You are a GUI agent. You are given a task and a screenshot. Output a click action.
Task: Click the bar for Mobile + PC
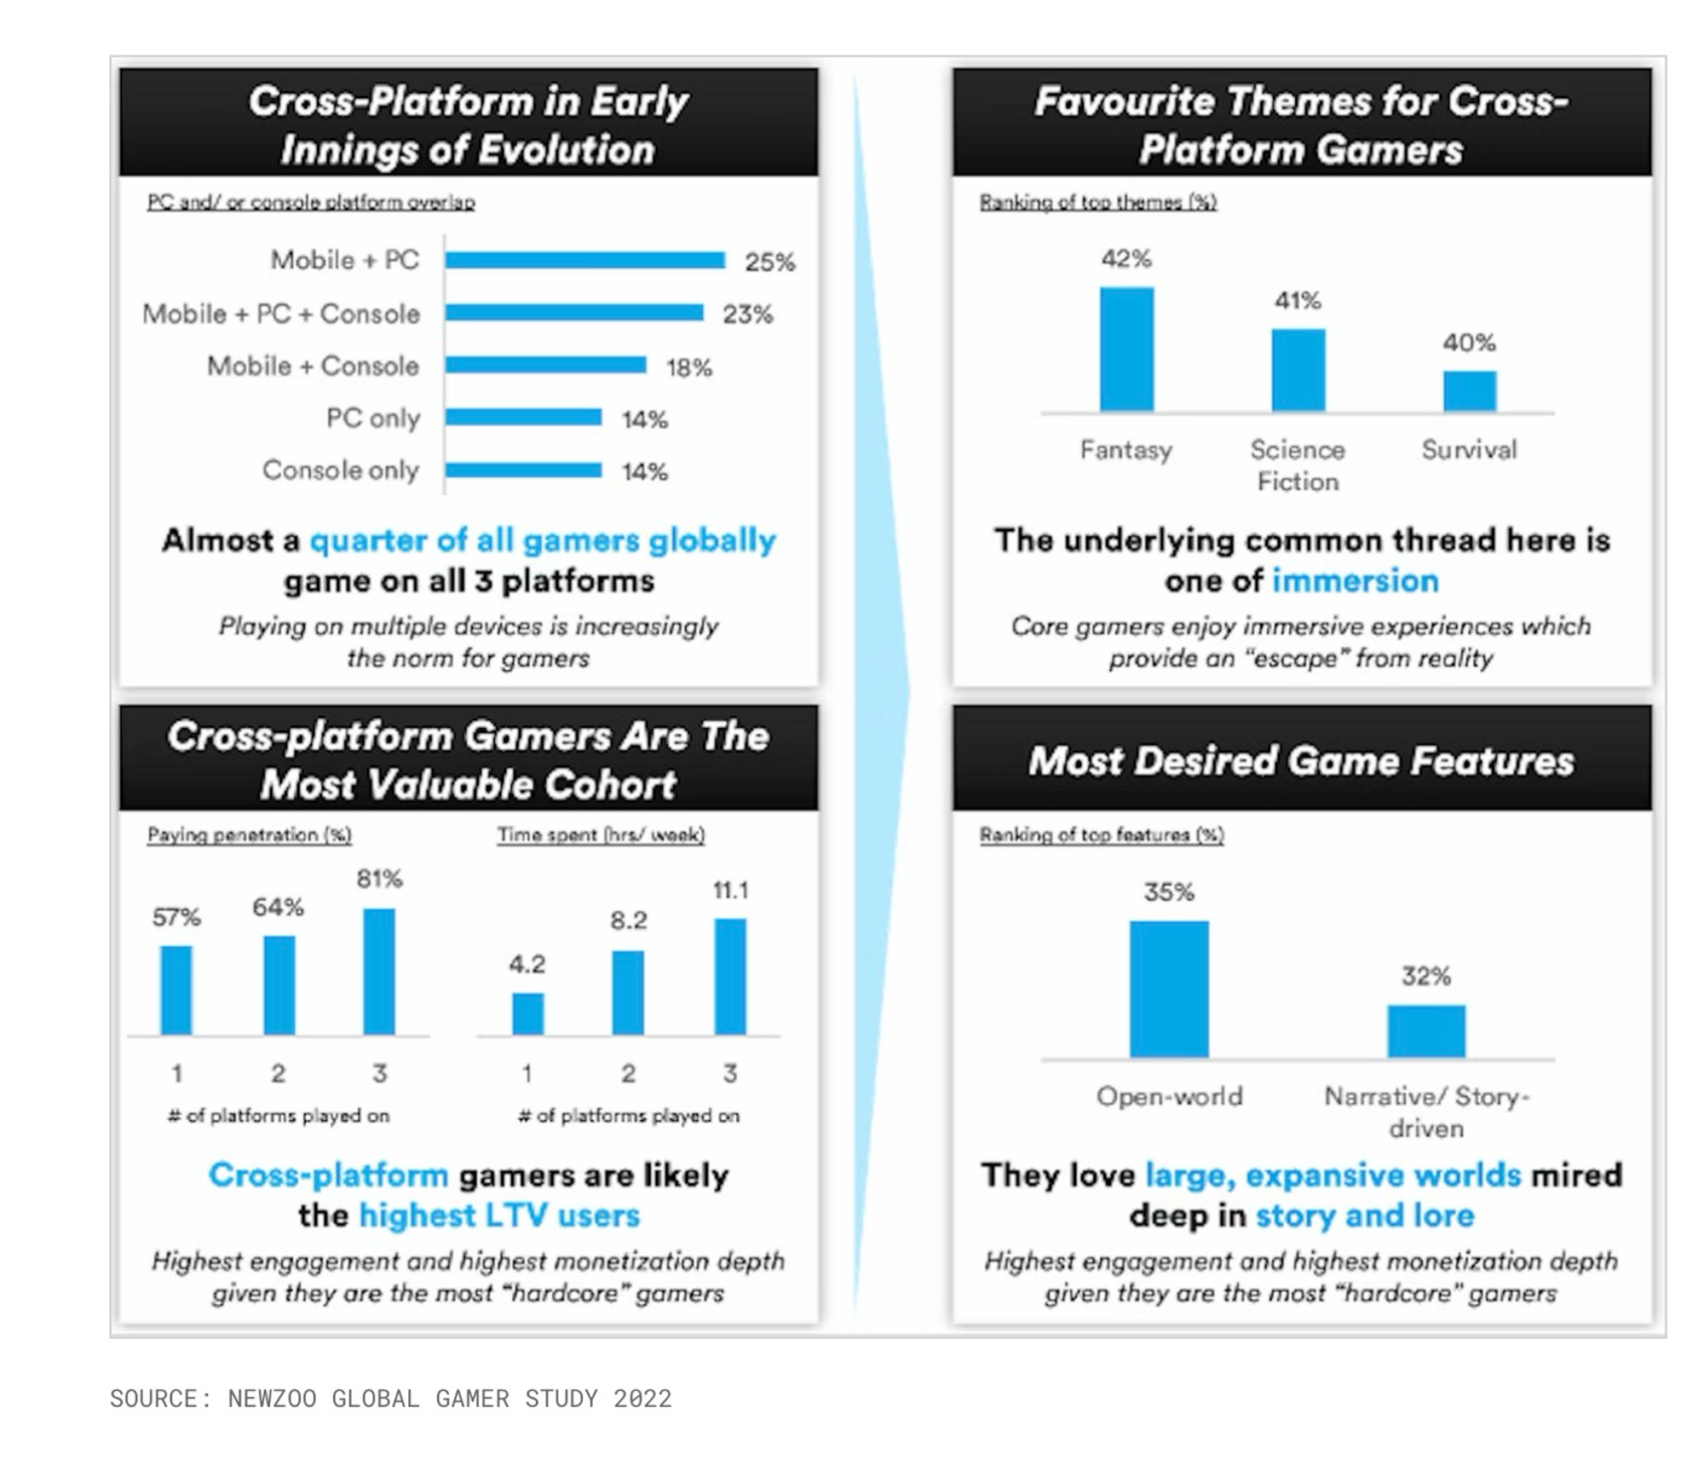pyautogui.click(x=584, y=260)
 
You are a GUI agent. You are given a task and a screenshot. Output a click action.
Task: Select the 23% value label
pyautogui.click(x=747, y=315)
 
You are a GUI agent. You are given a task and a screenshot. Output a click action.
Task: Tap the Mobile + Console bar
pyautogui.click(x=545, y=365)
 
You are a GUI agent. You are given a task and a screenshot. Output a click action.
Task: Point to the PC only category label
pyautogui.click(x=373, y=418)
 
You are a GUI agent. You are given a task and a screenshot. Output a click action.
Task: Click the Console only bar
pyautogui.click(x=523, y=470)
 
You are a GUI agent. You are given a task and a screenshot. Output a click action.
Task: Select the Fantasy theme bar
pyautogui.click(x=1126, y=349)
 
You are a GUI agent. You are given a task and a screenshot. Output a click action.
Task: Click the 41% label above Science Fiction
pyautogui.click(x=1297, y=301)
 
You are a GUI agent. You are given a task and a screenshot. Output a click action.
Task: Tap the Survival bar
pyautogui.click(x=1469, y=391)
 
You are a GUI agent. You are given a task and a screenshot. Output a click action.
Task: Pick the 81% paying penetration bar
pyautogui.click(x=379, y=972)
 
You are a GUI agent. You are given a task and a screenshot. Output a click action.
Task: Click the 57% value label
pyautogui.click(x=176, y=917)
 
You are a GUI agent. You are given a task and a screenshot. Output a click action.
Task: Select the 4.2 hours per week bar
pyautogui.click(x=527, y=1013)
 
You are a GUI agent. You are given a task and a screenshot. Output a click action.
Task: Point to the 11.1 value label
pyautogui.click(x=730, y=891)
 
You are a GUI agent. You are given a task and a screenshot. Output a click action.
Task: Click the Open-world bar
pyautogui.click(x=1169, y=989)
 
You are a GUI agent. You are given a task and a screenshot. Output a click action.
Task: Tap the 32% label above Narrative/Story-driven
pyautogui.click(x=1426, y=976)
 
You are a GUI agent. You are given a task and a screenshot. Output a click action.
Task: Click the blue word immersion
pyautogui.click(x=1355, y=581)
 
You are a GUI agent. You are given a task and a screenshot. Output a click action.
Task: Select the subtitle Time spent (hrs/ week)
pyautogui.click(x=601, y=835)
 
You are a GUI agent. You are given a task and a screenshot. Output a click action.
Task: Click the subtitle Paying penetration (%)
pyautogui.click(x=249, y=835)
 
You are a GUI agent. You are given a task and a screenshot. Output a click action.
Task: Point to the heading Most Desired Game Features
pyautogui.click(x=1301, y=761)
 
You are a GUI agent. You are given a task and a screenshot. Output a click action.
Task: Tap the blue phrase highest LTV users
pyautogui.click(x=498, y=1215)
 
